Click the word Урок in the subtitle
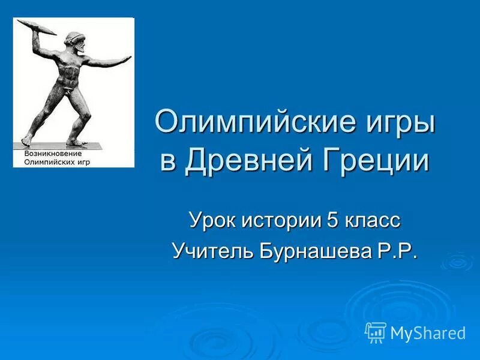[213, 220]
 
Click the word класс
[373, 220]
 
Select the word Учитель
[212, 250]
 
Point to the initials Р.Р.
[397, 250]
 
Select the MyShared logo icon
[375, 332]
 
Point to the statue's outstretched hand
[124, 59]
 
